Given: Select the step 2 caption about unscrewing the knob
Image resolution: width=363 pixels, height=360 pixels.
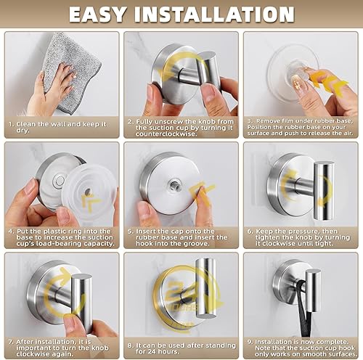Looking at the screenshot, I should [181, 128].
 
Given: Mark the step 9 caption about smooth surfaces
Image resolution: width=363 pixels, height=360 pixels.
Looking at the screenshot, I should [301, 348].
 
